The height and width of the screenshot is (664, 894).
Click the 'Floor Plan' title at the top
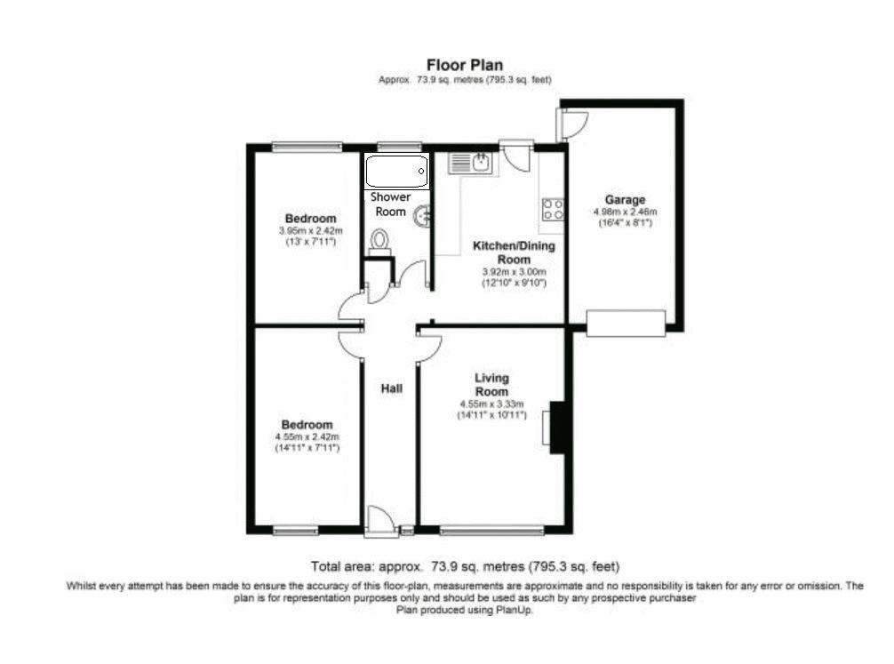pos(465,65)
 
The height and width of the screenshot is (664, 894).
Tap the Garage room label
pos(625,200)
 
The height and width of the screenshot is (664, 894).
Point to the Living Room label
pos(491,385)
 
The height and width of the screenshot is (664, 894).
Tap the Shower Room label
pos(390,204)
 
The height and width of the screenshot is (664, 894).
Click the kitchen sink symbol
pos(471,162)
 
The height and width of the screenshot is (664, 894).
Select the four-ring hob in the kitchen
pos(553,209)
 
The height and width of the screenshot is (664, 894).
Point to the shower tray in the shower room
pos(396,171)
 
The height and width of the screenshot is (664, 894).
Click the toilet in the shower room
pos(380,240)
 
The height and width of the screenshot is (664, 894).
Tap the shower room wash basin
pos(423,214)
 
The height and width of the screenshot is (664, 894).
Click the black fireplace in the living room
pos(557,428)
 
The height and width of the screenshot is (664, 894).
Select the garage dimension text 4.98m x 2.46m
pos(625,212)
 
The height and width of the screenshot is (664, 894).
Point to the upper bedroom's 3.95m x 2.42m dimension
pos(310,231)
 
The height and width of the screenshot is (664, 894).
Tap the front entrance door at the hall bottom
pos(380,522)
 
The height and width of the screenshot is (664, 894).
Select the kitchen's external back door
pos(516,155)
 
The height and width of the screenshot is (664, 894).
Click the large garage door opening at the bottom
pos(626,323)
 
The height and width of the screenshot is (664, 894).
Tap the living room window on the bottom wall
pos(491,531)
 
